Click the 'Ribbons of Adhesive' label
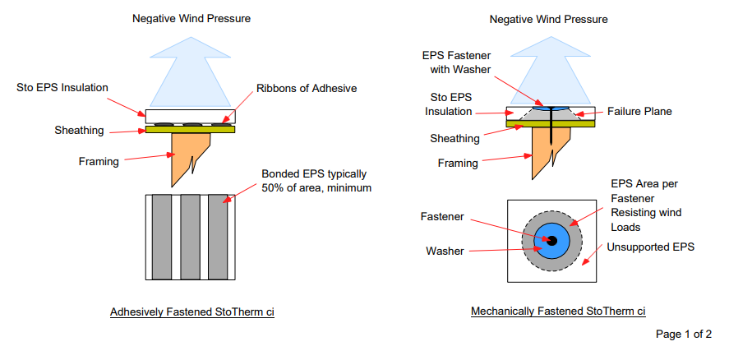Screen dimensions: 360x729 pyautogui.click(x=307, y=88)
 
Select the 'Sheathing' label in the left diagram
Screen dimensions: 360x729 pyautogui.click(x=78, y=130)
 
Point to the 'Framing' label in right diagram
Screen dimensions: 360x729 pyautogui.click(x=459, y=164)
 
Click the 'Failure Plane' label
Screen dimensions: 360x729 pyautogui.click(x=639, y=111)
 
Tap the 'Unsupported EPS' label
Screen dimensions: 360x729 pyautogui.click(x=653, y=246)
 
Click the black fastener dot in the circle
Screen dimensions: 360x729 pyautogui.click(x=552, y=240)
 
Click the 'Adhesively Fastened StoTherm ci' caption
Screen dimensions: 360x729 pyautogui.click(x=191, y=312)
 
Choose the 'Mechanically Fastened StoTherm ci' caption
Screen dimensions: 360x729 pyautogui.click(x=558, y=312)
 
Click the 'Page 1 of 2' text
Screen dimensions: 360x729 pyautogui.click(x=683, y=335)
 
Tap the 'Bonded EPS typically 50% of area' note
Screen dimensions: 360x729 pyautogui.click(x=314, y=182)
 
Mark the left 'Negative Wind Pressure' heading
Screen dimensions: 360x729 pyautogui.click(x=191, y=17)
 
